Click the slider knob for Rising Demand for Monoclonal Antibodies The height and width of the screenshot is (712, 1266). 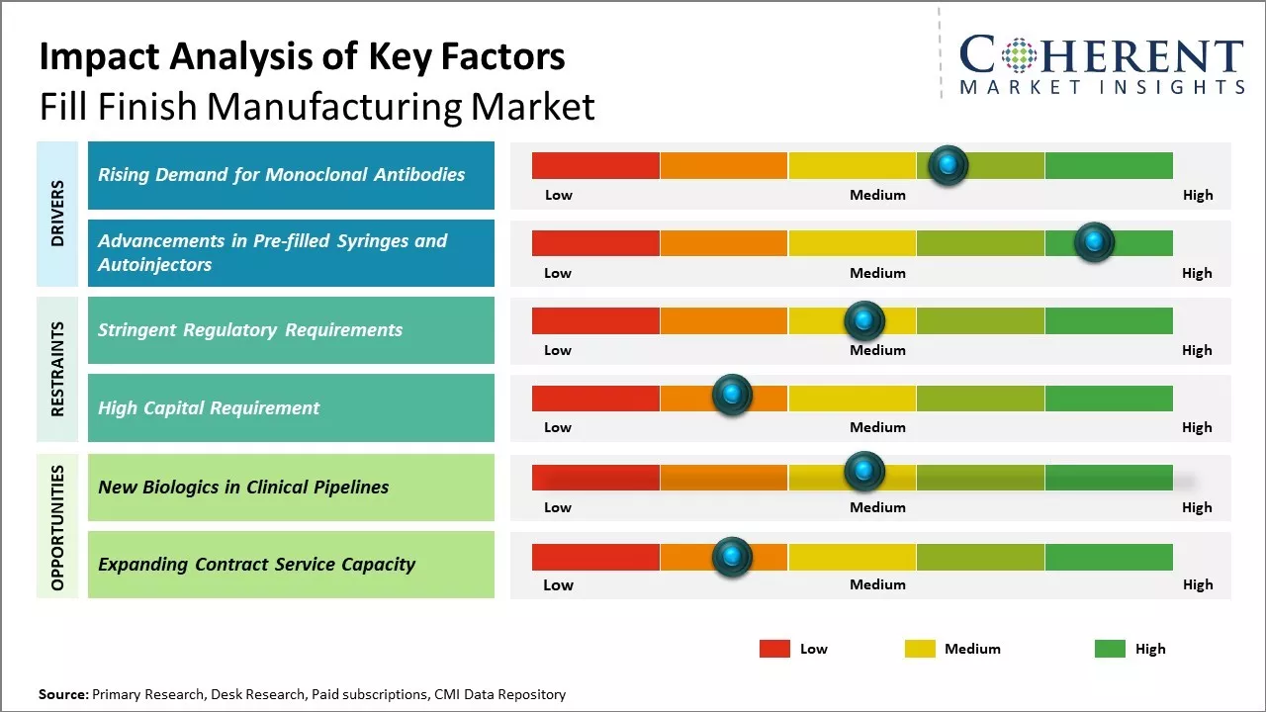949,165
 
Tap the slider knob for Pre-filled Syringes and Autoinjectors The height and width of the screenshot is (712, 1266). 1094,242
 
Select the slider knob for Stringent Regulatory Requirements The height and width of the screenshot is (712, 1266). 864,320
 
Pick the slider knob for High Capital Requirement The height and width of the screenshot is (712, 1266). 732,396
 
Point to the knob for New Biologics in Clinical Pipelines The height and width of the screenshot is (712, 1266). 864,471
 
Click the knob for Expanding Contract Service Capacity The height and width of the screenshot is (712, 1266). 732,557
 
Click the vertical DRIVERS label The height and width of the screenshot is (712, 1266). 57,214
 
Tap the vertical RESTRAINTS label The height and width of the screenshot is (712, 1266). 57,369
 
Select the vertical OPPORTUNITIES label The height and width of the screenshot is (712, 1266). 57,527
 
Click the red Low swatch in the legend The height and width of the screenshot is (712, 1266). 774,649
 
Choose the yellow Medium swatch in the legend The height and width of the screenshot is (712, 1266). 920,649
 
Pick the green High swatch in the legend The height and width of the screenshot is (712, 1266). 1110,649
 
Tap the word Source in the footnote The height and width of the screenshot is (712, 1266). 62,694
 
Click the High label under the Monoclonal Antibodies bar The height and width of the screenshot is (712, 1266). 1198,195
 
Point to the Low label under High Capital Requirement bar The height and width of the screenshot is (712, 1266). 558,427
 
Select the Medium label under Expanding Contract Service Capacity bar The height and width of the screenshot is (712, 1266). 877,584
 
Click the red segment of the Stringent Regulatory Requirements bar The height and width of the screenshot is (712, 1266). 595,320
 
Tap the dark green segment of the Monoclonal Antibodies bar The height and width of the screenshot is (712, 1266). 1108,165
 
